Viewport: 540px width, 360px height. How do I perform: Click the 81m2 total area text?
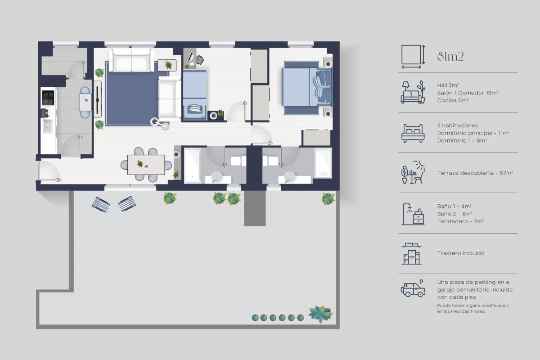(x=450, y=57)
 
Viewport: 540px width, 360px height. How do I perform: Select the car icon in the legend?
(x=413, y=288)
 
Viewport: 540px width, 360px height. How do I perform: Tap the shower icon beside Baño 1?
(x=413, y=214)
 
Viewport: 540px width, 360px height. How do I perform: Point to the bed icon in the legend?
(x=413, y=133)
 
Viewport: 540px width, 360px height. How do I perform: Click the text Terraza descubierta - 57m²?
(x=475, y=173)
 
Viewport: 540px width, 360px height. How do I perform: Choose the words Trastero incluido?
(x=460, y=253)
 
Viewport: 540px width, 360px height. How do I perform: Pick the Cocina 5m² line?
(x=453, y=100)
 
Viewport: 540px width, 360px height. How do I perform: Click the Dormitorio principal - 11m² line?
(x=473, y=133)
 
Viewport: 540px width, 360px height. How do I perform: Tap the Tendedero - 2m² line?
(x=460, y=221)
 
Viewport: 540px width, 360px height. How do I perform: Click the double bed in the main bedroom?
(x=306, y=88)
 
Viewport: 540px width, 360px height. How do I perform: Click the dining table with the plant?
(x=146, y=165)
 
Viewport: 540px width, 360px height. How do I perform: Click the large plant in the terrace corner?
(x=320, y=314)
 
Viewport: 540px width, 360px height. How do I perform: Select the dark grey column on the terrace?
(x=255, y=208)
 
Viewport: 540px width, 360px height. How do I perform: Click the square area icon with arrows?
(x=413, y=57)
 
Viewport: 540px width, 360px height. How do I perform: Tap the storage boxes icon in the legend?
(x=412, y=254)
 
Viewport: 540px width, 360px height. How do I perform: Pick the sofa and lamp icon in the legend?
(x=413, y=93)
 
